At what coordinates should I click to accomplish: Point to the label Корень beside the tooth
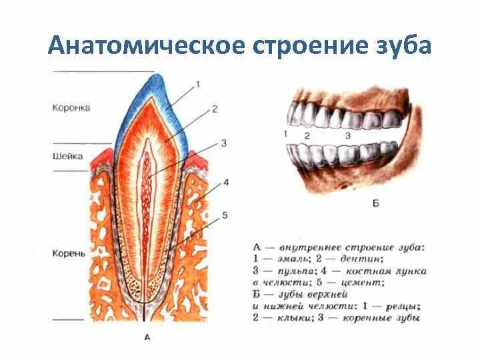69,254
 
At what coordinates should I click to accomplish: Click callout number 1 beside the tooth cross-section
197,84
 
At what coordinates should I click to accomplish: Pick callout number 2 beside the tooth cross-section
215,108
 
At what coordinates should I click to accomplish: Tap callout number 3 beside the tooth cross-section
224,143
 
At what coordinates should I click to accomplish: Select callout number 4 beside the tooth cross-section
226,182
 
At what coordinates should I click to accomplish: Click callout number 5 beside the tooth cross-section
225,215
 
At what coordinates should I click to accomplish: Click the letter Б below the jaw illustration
375,202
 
